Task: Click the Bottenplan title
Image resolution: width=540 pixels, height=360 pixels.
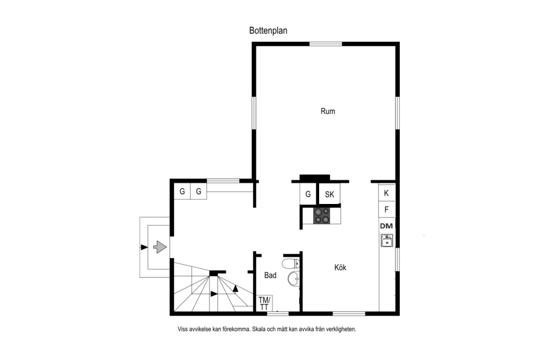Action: pyautogui.click(x=268, y=31)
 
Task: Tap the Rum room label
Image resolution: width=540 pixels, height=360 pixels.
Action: pyautogui.click(x=328, y=111)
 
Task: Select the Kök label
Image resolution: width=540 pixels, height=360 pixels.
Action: pyautogui.click(x=340, y=267)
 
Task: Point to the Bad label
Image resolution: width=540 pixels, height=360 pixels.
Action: pyautogui.click(x=271, y=275)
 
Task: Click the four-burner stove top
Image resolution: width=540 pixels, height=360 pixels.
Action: pyautogui.click(x=322, y=216)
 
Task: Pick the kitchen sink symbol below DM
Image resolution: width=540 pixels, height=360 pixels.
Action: pyautogui.click(x=386, y=240)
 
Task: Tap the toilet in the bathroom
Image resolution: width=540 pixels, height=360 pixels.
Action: pyautogui.click(x=291, y=264)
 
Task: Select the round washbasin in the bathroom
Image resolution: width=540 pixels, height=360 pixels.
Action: pyautogui.click(x=294, y=279)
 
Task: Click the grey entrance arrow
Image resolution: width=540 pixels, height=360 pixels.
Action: pyautogui.click(x=160, y=247)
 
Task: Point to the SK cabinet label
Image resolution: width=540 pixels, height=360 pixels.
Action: pyautogui.click(x=329, y=195)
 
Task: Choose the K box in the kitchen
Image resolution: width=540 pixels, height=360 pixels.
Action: pyautogui.click(x=386, y=193)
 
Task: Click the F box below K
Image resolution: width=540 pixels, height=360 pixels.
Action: pyautogui.click(x=386, y=209)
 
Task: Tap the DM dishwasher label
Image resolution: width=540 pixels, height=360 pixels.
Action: pyautogui.click(x=386, y=226)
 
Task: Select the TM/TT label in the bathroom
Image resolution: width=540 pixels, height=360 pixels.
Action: pyautogui.click(x=264, y=304)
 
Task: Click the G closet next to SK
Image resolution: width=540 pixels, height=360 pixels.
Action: pyautogui.click(x=308, y=194)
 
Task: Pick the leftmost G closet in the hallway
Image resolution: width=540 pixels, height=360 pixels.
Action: pyautogui.click(x=182, y=191)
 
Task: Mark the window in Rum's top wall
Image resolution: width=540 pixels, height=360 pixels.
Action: pyautogui.click(x=326, y=44)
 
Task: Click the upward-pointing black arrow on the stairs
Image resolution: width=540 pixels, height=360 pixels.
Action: pyautogui.click(x=235, y=288)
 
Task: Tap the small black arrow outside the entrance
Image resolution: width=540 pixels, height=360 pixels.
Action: pyautogui.click(x=144, y=247)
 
